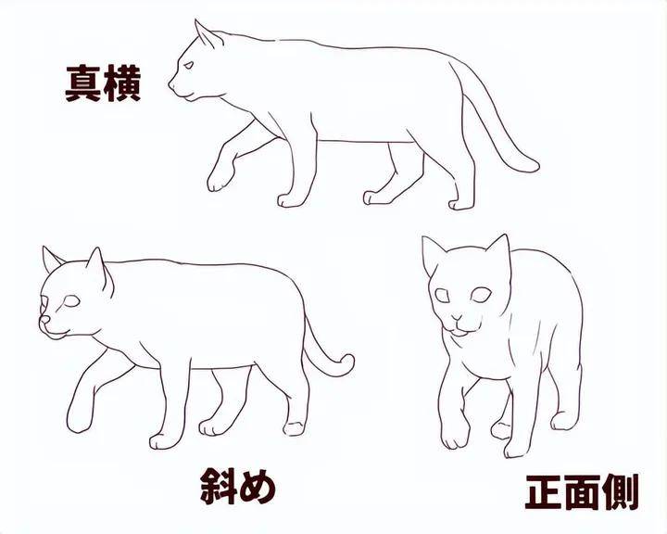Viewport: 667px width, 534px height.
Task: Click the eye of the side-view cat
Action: point(188,65)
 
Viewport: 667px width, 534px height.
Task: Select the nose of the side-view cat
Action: point(170,85)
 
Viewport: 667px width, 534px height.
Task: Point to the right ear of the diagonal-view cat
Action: point(96,264)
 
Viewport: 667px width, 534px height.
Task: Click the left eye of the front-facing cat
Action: point(443,297)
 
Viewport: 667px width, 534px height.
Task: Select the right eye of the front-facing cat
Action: point(481,297)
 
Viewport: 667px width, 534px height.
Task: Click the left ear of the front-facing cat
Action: point(432,252)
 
